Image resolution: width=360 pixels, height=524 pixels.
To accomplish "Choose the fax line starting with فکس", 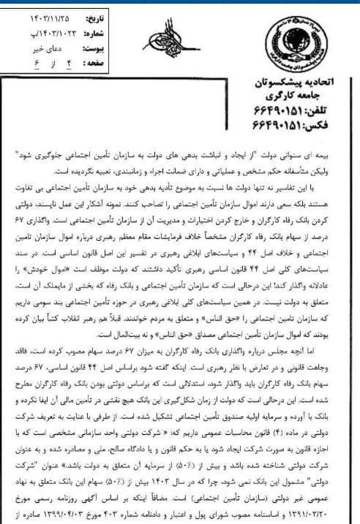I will click(310, 121).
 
